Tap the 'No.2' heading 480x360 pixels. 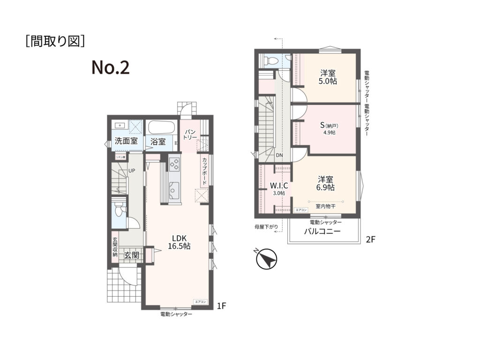pos(110,68)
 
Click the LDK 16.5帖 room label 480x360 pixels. pos(180,242)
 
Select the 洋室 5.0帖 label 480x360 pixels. pos(328,77)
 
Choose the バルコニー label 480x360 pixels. pos(322,232)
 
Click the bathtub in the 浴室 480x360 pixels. pos(162,127)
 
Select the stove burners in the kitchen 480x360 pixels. pos(174,165)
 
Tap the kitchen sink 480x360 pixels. pos(174,190)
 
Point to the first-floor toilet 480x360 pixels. pos(120,211)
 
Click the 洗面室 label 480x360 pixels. pos(126,141)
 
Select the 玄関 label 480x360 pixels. pos(131,255)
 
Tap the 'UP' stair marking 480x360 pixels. pos(132,171)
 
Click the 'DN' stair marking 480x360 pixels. pos(279,155)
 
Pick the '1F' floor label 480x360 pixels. pos(222,306)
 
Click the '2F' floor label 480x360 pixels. pos(371,240)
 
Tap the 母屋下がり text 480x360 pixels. pos(266,227)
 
